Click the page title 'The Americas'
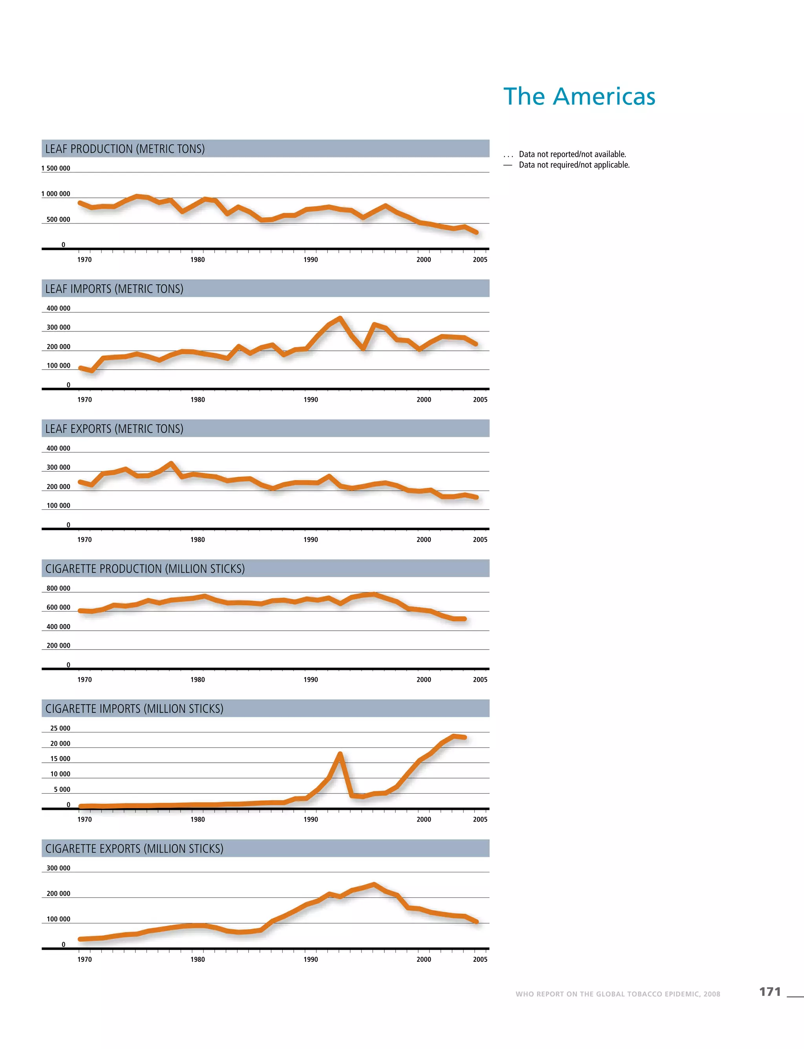pyautogui.click(x=579, y=96)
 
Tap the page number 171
pyautogui.click(x=769, y=992)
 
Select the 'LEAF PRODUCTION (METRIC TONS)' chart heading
pyautogui.click(x=125, y=149)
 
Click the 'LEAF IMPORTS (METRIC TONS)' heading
pyautogui.click(x=114, y=289)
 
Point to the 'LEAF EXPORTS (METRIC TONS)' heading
pyautogui.click(x=114, y=428)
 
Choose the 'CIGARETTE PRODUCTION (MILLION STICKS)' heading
pyautogui.click(x=145, y=569)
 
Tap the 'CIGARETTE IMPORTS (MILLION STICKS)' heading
pyautogui.click(x=135, y=708)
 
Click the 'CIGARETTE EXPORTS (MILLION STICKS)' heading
pyautogui.click(x=135, y=848)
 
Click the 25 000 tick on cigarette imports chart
pyautogui.click(x=60, y=728)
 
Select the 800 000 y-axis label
pyautogui.click(x=58, y=588)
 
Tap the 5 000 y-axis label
pyautogui.click(x=62, y=789)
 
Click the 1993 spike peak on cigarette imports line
pyautogui.click(x=340, y=754)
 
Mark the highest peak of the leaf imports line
pyautogui.click(x=340, y=318)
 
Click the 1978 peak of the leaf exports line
pyautogui.click(x=171, y=463)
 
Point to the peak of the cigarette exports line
pyautogui.click(x=374, y=884)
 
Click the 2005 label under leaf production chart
pyautogui.click(x=480, y=260)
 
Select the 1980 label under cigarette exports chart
pyautogui.click(x=197, y=959)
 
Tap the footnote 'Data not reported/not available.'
pyautogui.click(x=572, y=154)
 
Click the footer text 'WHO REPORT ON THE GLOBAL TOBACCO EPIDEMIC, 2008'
pyautogui.click(x=618, y=994)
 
